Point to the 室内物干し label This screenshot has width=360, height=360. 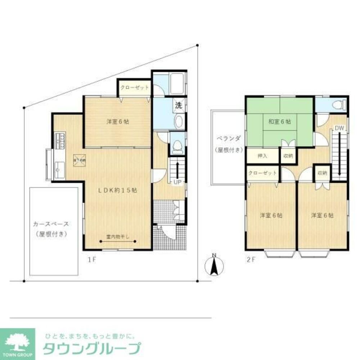[x=118, y=237]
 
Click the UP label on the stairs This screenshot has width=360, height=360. [x=177, y=182]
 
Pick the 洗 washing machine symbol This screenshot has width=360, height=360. [x=178, y=105]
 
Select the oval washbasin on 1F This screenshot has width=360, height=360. [x=179, y=122]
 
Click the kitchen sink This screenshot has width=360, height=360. [x=59, y=168]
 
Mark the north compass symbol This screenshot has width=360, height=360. [x=214, y=266]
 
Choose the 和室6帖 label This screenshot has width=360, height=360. [x=280, y=122]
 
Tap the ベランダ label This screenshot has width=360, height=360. [x=228, y=139]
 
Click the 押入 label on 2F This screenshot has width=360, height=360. [x=262, y=156]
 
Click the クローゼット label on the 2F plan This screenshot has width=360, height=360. [x=263, y=173]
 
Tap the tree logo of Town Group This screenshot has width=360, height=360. [x=17, y=340]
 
